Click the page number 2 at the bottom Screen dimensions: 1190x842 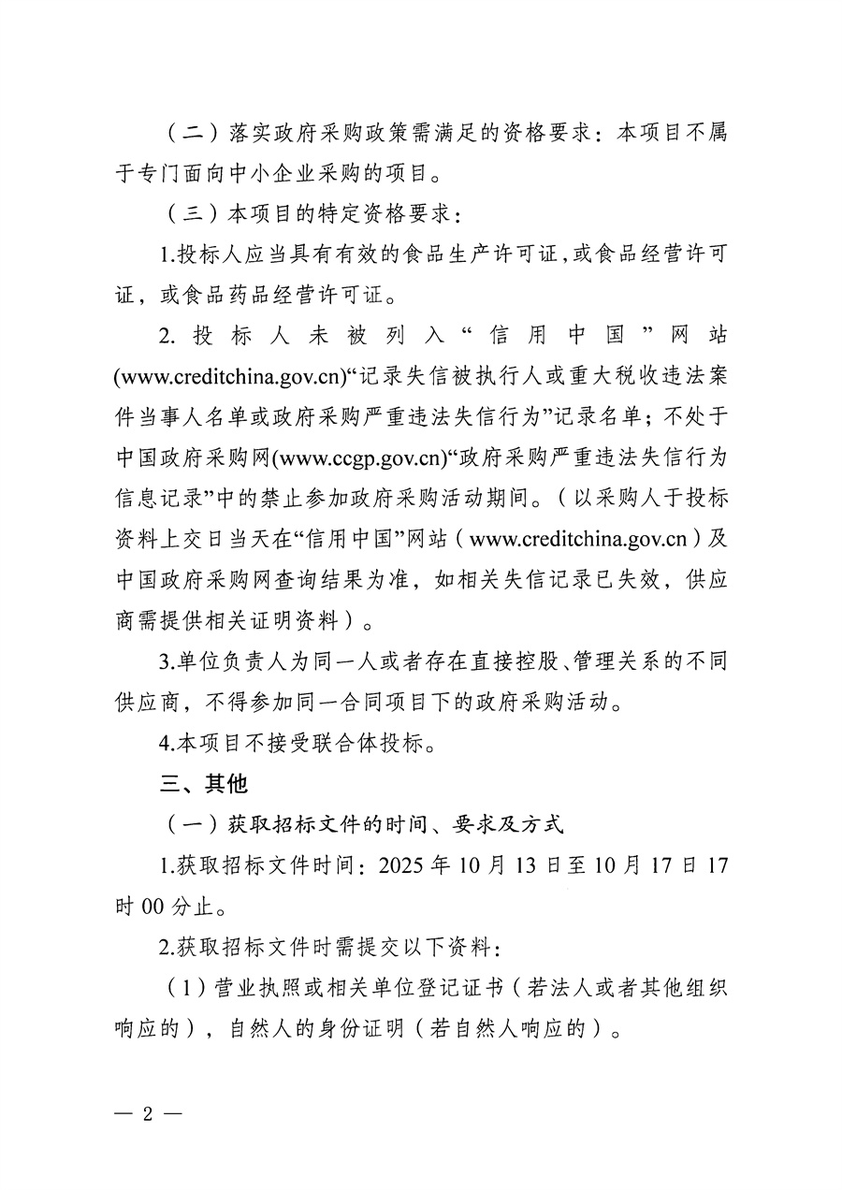147,1112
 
